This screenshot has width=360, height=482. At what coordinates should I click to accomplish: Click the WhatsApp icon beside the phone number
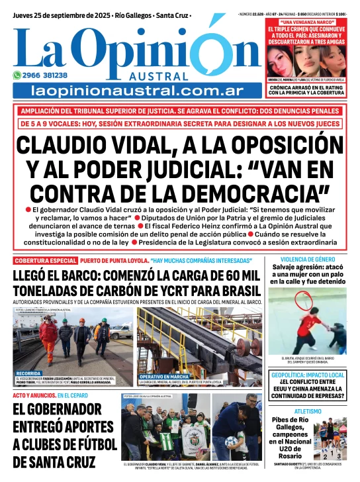(x=17, y=75)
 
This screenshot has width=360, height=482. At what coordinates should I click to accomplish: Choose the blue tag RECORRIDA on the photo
(x=29, y=373)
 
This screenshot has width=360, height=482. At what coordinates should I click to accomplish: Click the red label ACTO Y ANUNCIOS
(x=32, y=395)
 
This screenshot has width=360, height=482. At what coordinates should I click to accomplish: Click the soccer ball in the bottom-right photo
(x=232, y=441)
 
